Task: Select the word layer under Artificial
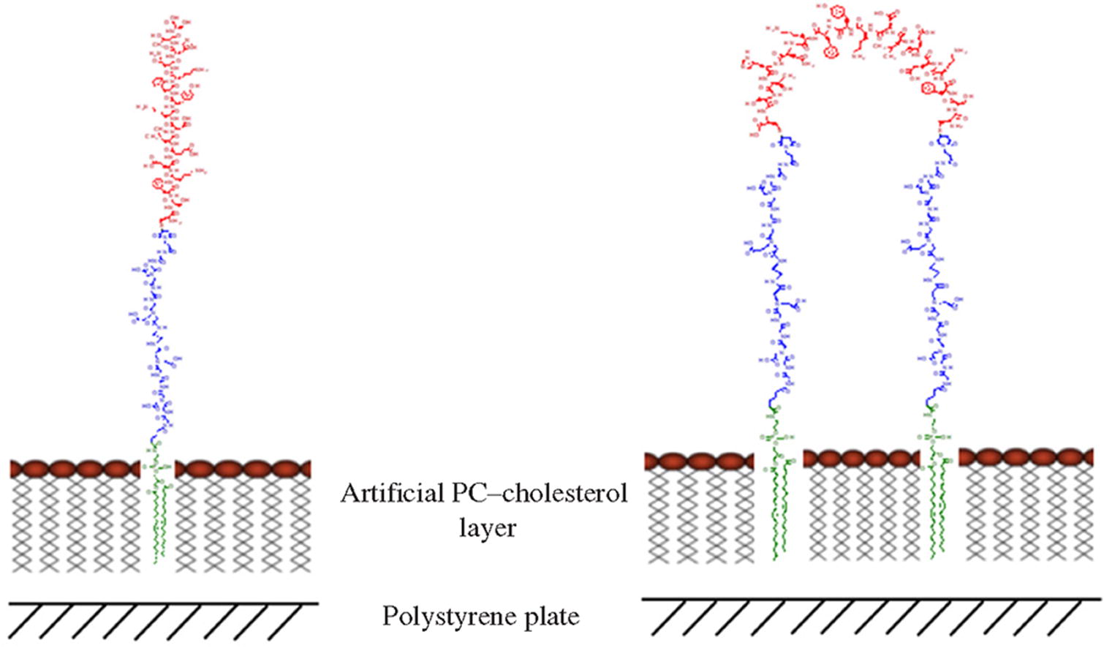pyautogui.click(x=488, y=527)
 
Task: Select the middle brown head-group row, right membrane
pyautogui.click(x=861, y=459)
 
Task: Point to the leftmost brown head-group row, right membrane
pyautogui.click(x=699, y=461)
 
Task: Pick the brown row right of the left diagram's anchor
pyautogui.click(x=243, y=468)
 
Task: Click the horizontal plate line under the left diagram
pyautogui.click(x=164, y=603)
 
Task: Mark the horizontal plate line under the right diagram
pyautogui.click(x=870, y=600)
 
